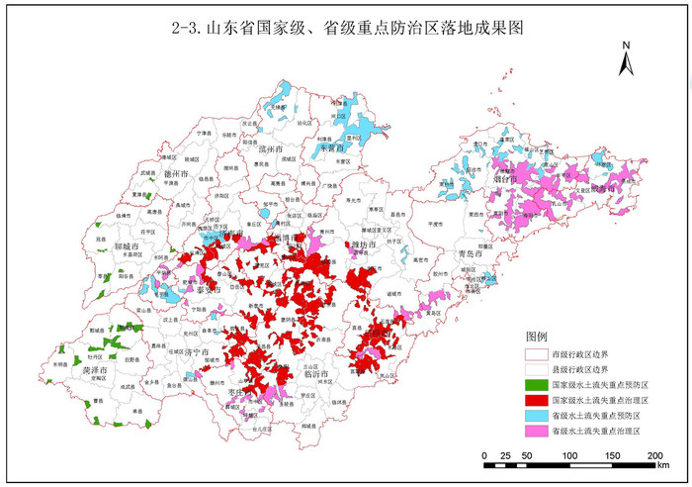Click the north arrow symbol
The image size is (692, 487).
tap(625, 60)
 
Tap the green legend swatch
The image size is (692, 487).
tap(537, 384)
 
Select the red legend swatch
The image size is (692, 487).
tap(537, 400)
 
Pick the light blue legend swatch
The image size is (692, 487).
tap(537, 416)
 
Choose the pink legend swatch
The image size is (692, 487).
tap(537, 432)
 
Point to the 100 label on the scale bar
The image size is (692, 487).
tap(569, 454)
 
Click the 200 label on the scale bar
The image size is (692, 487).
tap(654, 454)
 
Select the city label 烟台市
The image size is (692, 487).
tap(505, 180)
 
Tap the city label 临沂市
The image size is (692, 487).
tap(318, 373)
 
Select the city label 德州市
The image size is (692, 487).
tap(176, 173)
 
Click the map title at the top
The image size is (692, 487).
tap(346, 29)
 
